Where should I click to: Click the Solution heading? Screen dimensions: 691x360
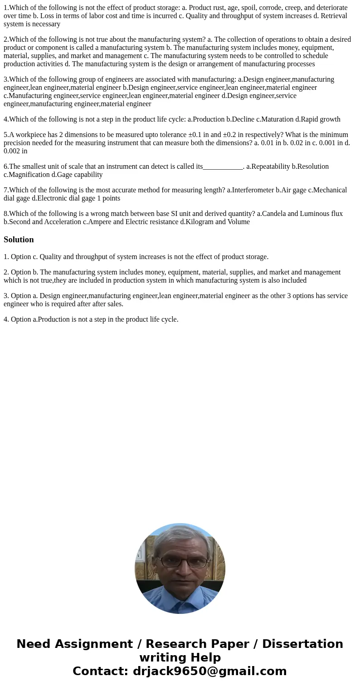click(19, 240)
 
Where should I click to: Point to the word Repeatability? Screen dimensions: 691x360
click(271, 167)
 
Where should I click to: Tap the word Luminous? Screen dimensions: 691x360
click(312, 214)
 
